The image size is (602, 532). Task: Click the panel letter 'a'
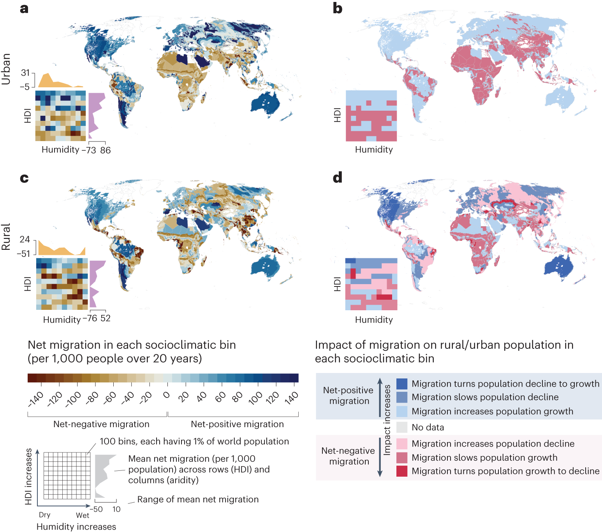tap(24, 8)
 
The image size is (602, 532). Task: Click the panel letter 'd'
tap(337, 178)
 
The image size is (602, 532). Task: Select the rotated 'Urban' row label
tap(6, 69)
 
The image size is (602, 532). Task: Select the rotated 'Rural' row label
tap(6, 237)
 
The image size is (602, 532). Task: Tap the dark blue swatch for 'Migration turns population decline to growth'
tap(401, 384)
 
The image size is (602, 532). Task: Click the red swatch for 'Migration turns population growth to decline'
tap(401, 471)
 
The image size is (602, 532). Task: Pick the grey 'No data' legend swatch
tap(401, 427)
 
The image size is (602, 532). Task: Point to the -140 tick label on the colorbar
tap(36, 400)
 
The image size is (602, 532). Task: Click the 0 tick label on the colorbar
tap(166, 395)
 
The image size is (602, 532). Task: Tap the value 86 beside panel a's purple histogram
tap(106, 150)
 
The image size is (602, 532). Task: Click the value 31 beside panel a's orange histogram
tap(25, 73)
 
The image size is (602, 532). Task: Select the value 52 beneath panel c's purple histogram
tap(106, 318)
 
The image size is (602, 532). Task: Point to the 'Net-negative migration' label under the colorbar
tap(101, 424)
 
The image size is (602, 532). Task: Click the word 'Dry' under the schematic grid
tap(44, 515)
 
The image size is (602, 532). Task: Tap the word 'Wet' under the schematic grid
tap(83, 515)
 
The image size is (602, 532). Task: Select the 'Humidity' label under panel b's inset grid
tap(374, 150)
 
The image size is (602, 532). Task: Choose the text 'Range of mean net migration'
tap(198, 499)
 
